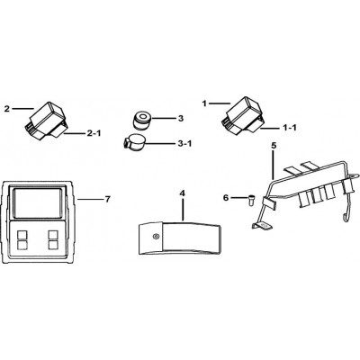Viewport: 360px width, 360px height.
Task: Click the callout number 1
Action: [204, 103]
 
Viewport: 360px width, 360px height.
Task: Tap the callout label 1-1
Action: [290, 128]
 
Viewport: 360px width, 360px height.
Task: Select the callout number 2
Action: [7, 109]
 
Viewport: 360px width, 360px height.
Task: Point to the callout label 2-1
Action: [94, 133]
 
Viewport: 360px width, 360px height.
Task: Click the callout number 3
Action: [180, 119]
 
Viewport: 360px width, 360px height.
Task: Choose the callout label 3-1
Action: [184, 143]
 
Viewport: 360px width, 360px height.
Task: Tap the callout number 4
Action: [182, 193]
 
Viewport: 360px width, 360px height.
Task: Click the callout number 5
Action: [274, 146]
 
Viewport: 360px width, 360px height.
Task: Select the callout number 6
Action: [226, 198]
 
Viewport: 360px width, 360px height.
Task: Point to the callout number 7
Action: [108, 199]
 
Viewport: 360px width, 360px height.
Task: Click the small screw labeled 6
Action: [250, 199]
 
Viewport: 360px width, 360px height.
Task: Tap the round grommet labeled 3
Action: [141, 121]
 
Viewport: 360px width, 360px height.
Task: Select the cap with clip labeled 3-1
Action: [133, 141]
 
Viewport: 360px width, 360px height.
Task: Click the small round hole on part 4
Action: [155, 237]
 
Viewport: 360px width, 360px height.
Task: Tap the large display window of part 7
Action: [37, 203]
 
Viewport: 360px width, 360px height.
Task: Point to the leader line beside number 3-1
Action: [158, 143]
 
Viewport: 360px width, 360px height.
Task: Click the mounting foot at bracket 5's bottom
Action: [262, 227]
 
